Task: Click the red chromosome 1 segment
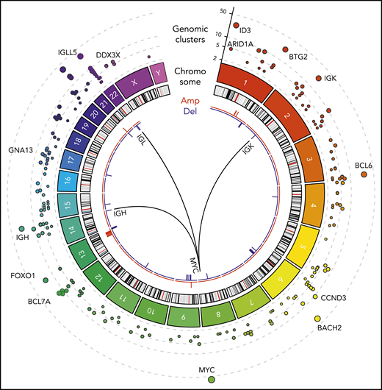tap(240, 79)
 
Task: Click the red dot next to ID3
tap(236, 26)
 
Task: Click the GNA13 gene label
tap(21, 150)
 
